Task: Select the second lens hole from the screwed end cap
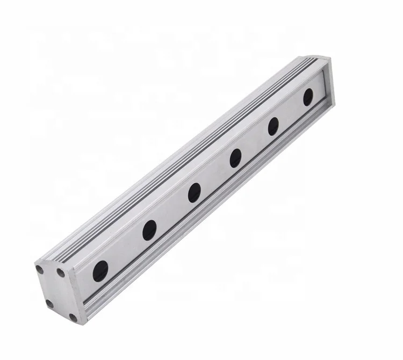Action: tap(149, 229)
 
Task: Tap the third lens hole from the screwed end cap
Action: tap(194, 192)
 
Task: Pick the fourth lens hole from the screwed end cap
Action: tap(235, 157)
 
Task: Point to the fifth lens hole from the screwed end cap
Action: tap(274, 126)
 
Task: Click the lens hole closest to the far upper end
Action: tap(308, 97)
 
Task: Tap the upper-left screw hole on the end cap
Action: tap(39, 267)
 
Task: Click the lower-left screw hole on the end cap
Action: tap(50, 303)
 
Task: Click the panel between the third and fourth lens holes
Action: tap(215, 175)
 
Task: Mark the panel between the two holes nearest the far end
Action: tap(291, 111)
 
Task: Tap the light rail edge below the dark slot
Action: tap(215, 212)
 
